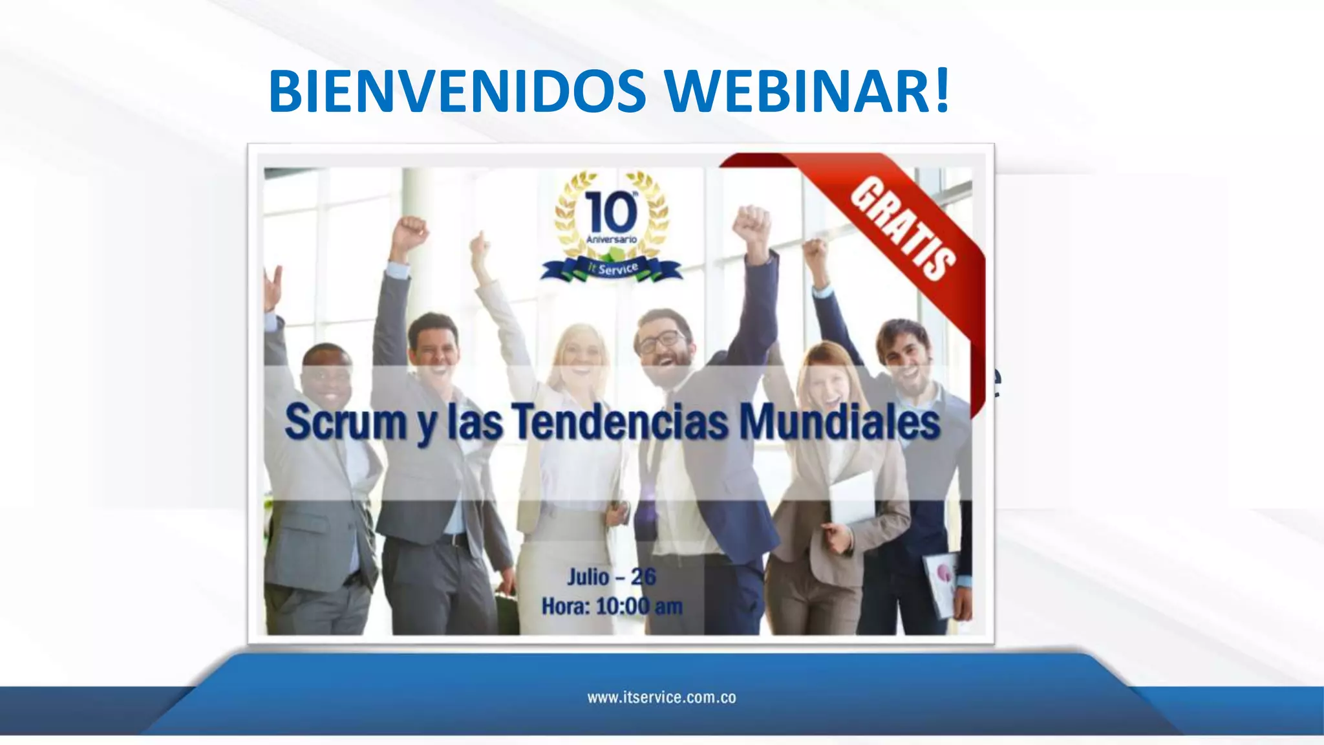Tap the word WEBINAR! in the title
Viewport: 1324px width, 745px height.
806,91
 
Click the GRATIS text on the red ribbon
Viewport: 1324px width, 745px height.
903,228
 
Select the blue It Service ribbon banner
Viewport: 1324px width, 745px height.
612,268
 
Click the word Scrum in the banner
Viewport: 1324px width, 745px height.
345,422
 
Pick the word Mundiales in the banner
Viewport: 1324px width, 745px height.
839,422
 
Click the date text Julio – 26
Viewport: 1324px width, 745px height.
612,576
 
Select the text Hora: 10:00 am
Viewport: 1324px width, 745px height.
612,607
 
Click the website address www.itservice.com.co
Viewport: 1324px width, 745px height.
661,697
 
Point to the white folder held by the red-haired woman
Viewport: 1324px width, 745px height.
852,498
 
